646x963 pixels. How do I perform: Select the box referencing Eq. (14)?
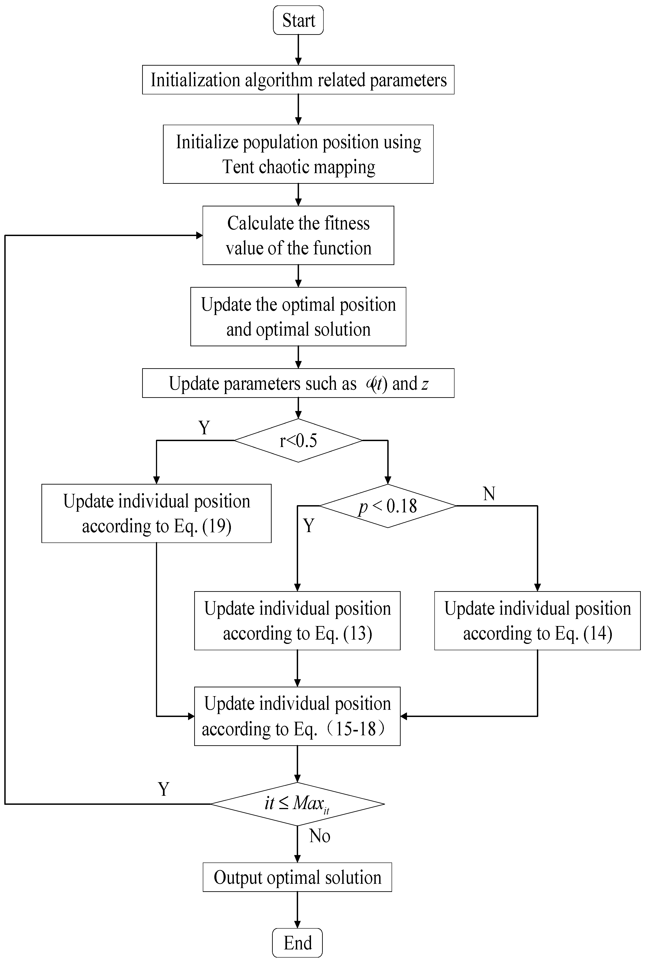click(537, 621)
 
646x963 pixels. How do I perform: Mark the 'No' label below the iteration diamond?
click(320, 836)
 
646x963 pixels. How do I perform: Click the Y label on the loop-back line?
click(164, 789)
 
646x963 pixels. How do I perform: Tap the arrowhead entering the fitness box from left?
click(199, 235)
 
